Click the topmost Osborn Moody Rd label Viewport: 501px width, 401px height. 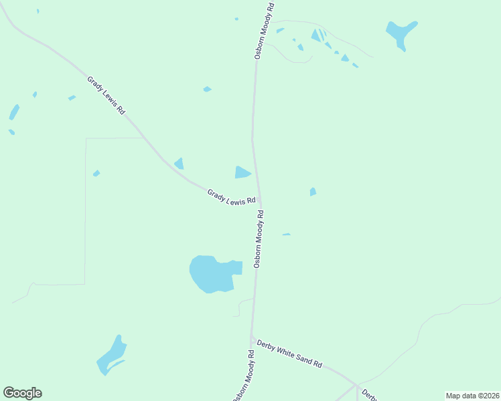click(x=265, y=31)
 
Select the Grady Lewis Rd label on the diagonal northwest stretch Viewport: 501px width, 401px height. click(x=106, y=96)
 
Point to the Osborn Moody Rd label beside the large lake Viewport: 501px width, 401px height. click(x=259, y=239)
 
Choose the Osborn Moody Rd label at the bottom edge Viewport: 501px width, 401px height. click(x=242, y=378)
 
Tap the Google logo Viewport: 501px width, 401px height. click(x=22, y=393)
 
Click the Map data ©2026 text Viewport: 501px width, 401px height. click(x=472, y=396)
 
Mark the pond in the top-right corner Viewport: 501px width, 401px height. click(x=401, y=33)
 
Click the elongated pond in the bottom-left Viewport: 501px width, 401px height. click(x=111, y=356)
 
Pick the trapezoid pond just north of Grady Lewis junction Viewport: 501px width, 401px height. click(x=242, y=172)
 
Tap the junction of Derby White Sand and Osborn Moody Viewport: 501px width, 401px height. click(x=252, y=338)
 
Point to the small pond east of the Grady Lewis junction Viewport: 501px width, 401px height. click(x=313, y=192)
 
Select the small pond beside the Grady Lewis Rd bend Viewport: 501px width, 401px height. click(x=180, y=164)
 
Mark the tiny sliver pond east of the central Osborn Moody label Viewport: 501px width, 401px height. click(x=286, y=235)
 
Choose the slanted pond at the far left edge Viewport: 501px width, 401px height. click(x=14, y=112)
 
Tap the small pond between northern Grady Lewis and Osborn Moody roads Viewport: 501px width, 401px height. click(x=208, y=89)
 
